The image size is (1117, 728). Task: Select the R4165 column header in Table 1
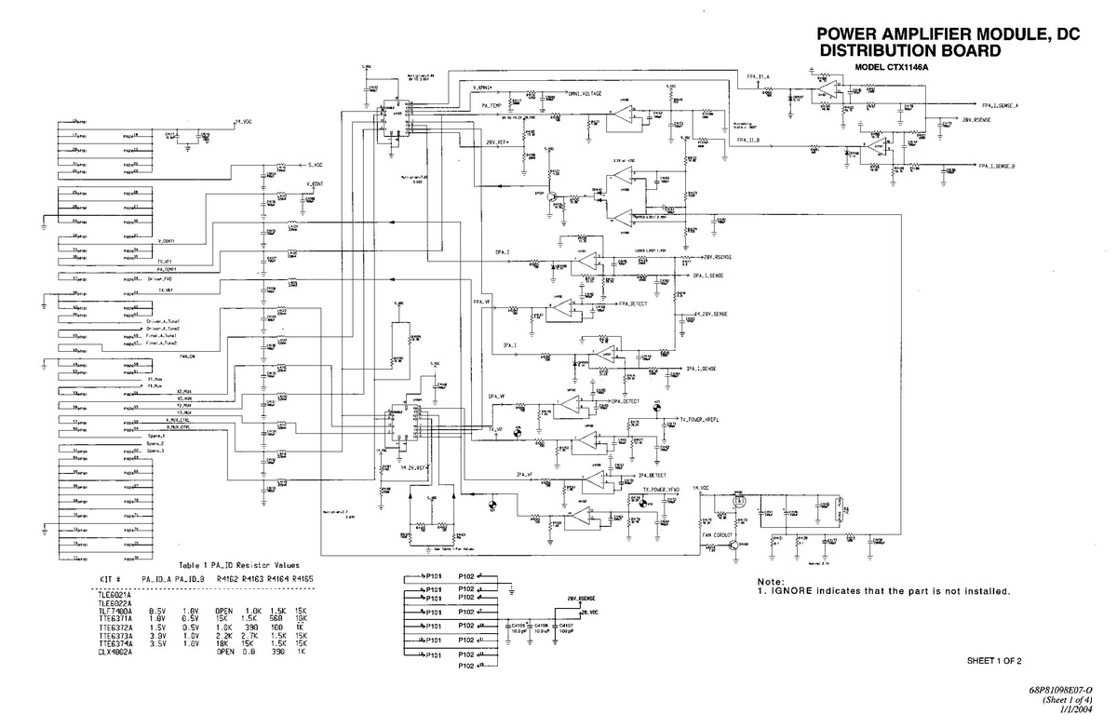point(302,578)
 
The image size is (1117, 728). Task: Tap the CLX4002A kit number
point(116,653)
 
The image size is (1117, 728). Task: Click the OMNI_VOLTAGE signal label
point(585,94)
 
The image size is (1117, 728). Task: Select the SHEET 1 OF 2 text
point(994,661)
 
